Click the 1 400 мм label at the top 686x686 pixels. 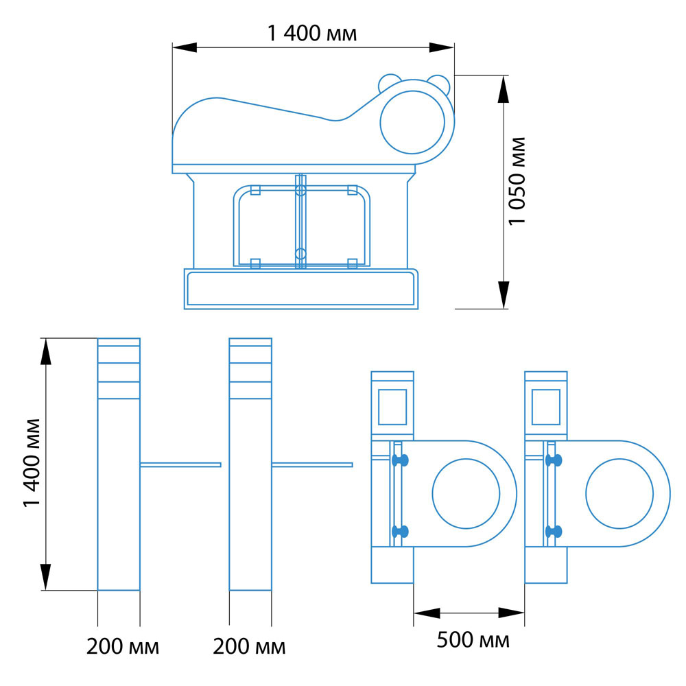click(312, 33)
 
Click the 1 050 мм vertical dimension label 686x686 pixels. click(517, 181)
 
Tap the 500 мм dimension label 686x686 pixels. click(473, 639)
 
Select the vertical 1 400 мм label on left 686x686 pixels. click(32, 463)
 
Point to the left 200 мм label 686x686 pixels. click(123, 647)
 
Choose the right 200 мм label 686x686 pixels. click(249, 647)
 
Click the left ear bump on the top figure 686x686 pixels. click(389, 82)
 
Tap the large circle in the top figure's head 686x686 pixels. click(412, 123)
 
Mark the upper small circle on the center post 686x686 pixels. click(300, 190)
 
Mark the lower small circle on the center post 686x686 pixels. click(300, 253)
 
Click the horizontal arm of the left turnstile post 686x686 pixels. click(180, 464)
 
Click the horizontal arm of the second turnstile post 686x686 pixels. click(312, 464)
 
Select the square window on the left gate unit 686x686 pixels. click(392, 407)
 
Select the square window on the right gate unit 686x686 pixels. click(546, 407)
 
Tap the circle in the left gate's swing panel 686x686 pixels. click(466, 493)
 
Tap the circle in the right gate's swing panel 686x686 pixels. click(619, 493)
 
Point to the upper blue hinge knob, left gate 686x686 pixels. click(400, 460)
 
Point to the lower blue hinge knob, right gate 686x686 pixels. click(554, 532)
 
